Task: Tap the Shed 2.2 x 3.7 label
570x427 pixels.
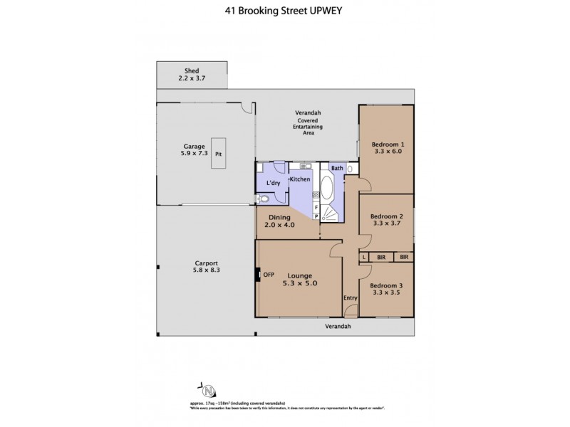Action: pos(192,75)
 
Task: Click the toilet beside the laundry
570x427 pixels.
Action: pos(263,199)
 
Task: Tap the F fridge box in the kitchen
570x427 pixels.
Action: pos(316,206)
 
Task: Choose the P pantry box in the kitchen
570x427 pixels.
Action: pos(316,216)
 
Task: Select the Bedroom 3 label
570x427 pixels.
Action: pos(385,285)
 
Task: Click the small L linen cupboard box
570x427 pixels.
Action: pos(363,257)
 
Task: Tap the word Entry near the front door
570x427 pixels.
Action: pos(350,298)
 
